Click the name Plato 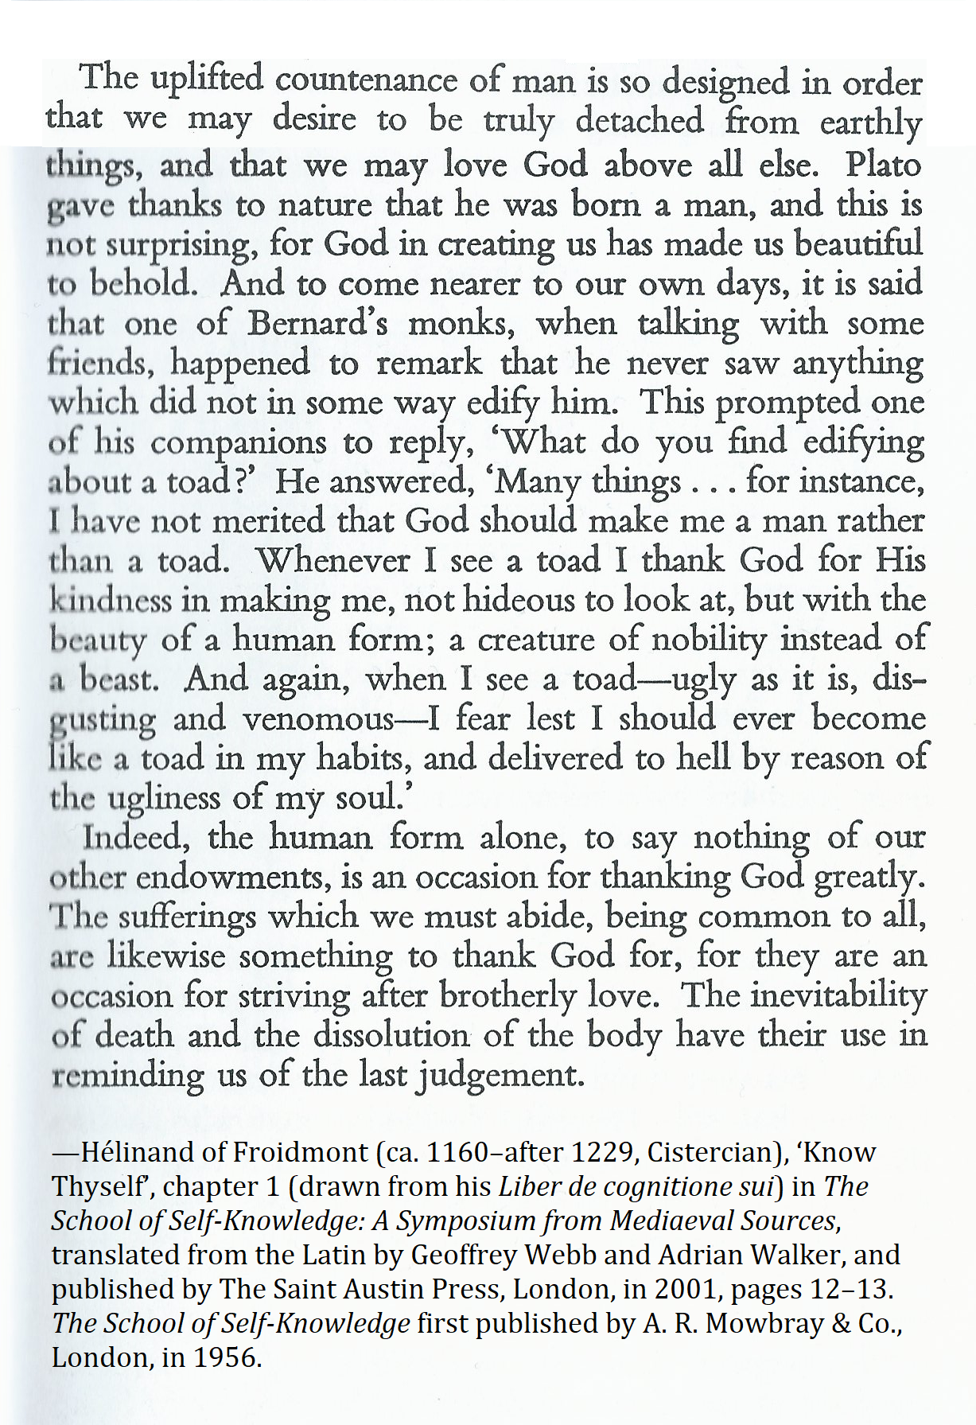click(x=883, y=165)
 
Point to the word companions click(x=238, y=442)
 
